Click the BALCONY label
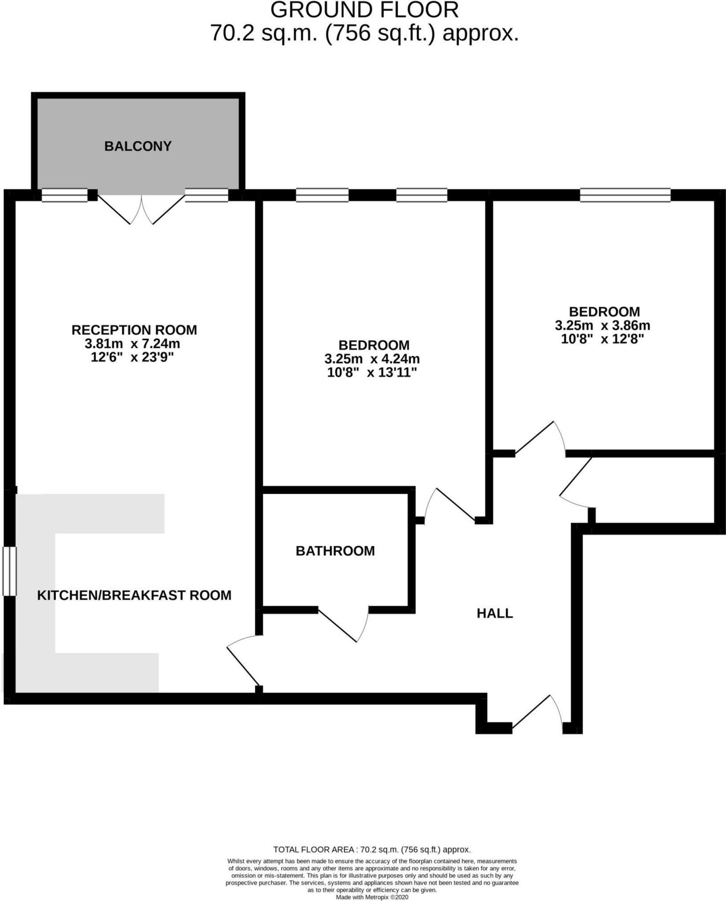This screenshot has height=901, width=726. (138, 146)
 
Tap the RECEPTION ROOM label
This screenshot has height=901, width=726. (134, 330)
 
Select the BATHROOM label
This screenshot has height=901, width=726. (335, 551)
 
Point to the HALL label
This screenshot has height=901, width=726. (495, 613)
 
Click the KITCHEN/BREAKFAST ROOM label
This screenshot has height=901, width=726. (134, 595)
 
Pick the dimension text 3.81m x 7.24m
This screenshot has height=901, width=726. (132, 343)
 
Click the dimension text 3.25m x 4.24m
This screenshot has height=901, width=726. (372, 359)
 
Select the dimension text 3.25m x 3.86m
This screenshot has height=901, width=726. (602, 326)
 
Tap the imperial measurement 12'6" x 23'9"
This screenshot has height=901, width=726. (132, 357)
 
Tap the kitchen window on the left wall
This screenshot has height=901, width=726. (10, 571)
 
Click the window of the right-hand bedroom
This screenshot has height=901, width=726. (625, 195)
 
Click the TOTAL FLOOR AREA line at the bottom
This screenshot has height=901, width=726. (372, 850)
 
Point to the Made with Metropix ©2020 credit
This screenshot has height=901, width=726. (372, 897)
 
